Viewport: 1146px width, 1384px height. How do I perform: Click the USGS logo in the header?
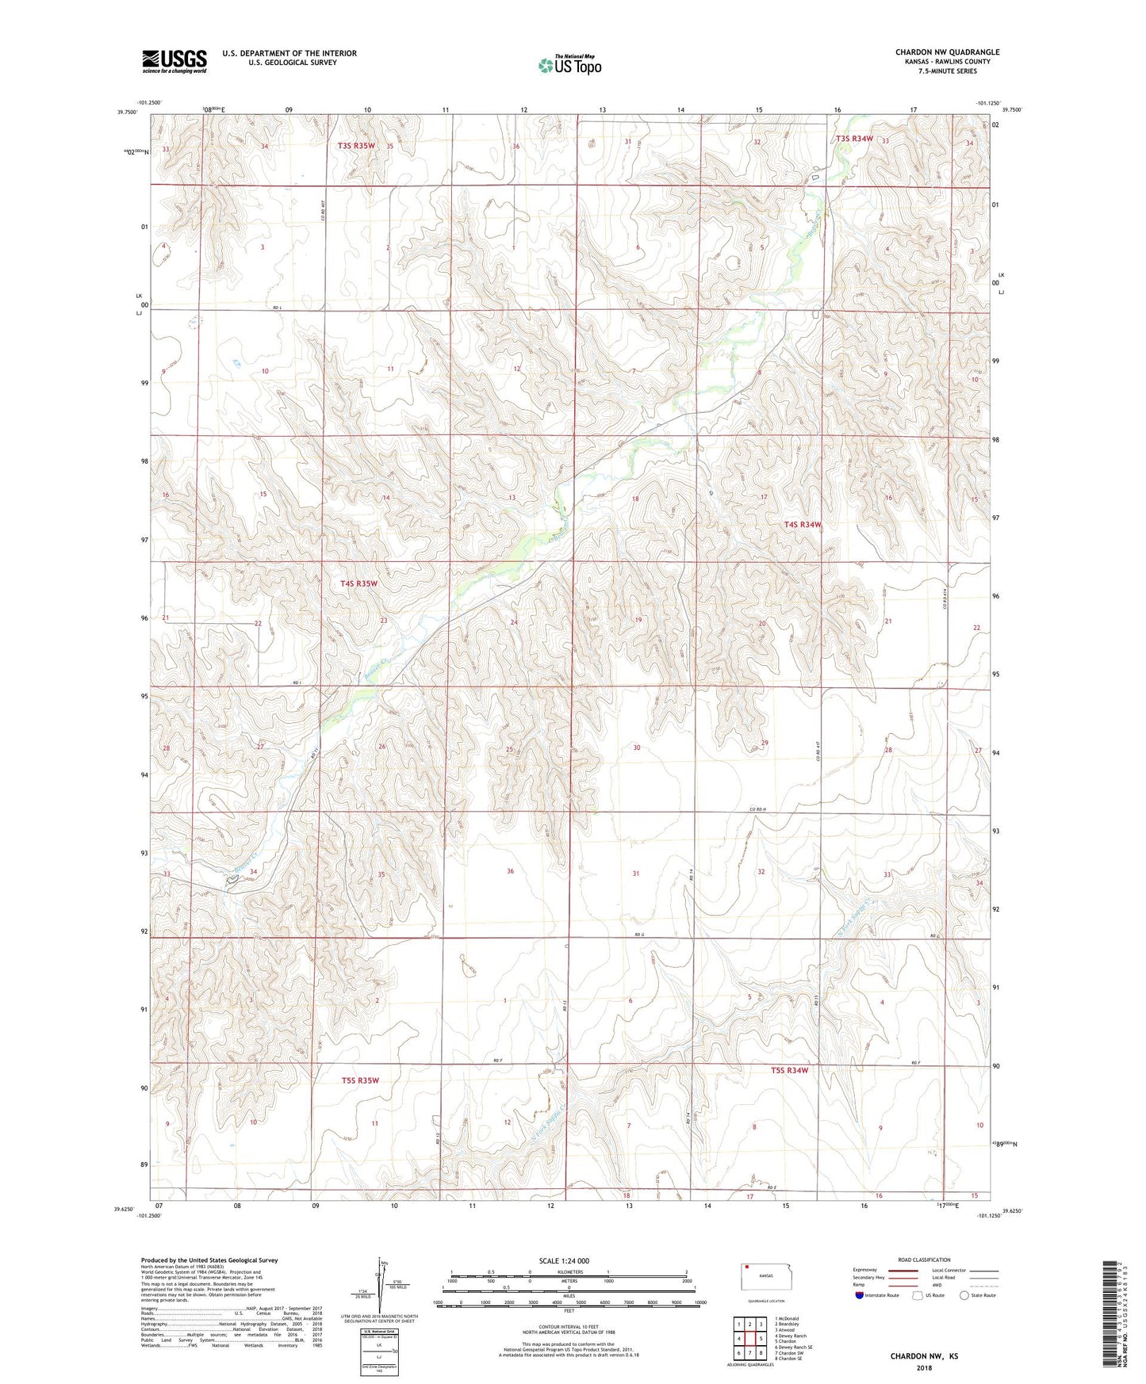coord(174,61)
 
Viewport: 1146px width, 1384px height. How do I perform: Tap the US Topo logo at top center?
coord(569,65)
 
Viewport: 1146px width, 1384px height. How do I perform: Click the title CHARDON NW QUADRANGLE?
coord(947,52)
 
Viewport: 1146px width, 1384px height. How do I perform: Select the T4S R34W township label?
coord(802,525)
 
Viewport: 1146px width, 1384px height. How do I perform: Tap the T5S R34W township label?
coord(789,1070)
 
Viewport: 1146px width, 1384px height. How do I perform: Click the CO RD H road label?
coord(757,809)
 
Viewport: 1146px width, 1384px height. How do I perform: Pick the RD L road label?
coord(278,307)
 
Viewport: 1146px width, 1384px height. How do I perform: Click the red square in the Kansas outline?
coord(747,1267)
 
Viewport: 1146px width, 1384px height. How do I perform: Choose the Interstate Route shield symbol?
coord(860,1295)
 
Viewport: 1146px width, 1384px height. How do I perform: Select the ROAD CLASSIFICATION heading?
coord(924,1260)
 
